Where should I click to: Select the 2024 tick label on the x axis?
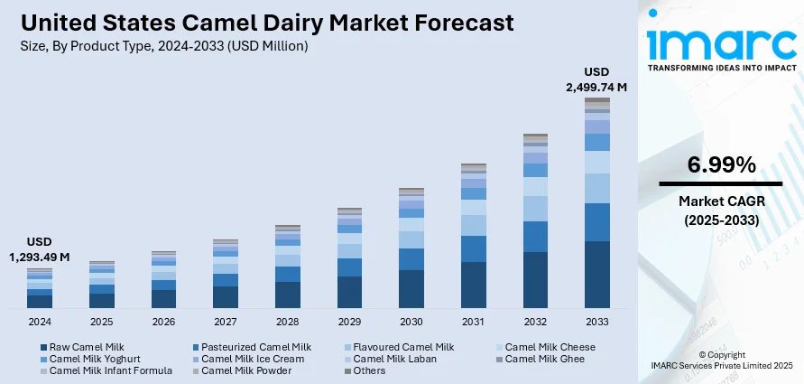[x=40, y=322]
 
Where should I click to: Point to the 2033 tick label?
[x=596, y=322]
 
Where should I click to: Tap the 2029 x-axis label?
[x=349, y=322]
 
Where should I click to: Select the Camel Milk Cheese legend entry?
[x=550, y=347]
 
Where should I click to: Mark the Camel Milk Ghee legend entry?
[x=544, y=359]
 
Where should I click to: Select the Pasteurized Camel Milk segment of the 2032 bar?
[x=535, y=237]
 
